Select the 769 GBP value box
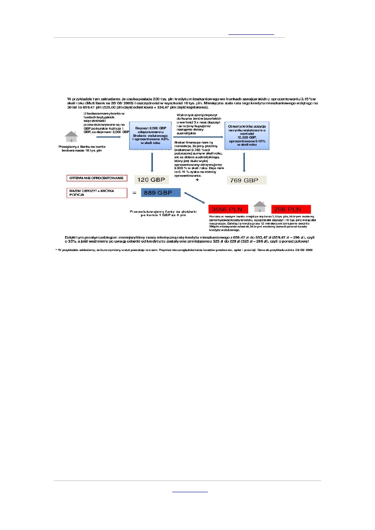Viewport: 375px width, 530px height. coord(247,180)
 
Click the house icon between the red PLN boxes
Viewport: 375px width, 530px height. coord(260,207)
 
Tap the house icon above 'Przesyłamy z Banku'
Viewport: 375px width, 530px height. coord(71,137)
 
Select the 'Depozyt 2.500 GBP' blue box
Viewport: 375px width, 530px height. coord(151,136)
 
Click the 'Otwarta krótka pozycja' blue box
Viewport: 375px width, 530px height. coord(247,136)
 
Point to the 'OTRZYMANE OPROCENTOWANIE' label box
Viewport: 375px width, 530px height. coord(97,178)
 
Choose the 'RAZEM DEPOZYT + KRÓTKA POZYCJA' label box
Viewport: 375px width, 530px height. coord(97,193)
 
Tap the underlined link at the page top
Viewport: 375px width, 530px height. coord(251,34)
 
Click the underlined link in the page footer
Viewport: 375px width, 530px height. coord(190,491)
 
